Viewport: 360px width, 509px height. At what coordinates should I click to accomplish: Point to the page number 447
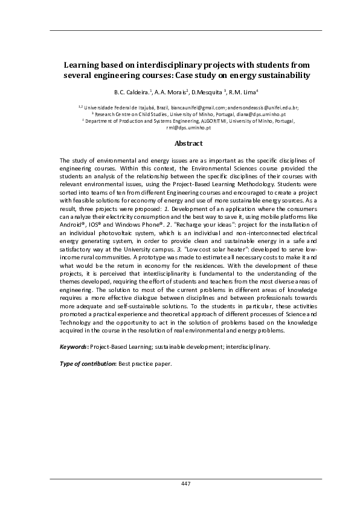pos(185,484)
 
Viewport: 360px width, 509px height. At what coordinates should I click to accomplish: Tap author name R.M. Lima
pos(243,92)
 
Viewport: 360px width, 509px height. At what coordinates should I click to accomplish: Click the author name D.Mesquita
pos(208,92)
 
